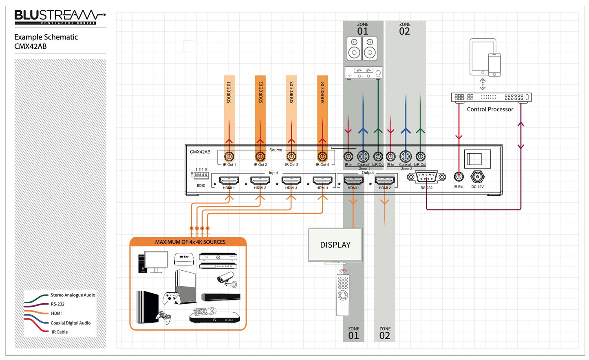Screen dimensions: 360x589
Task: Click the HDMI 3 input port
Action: (x=291, y=180)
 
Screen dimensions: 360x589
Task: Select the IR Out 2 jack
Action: (x=260, y=157)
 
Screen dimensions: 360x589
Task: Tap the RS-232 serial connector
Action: (x=426, y=177)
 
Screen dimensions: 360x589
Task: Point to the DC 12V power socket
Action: (x=477, y=177)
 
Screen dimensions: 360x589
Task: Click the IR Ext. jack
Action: (x=459, y=177)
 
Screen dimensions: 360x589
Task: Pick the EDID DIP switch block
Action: (x=201, y=175)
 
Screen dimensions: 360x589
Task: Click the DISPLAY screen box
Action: (x=335, y=245)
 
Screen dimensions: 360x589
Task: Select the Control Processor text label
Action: (x=490, y=109)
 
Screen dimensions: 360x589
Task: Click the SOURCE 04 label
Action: (x=322, y=93)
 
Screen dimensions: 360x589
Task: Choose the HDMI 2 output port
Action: (x=385, y=180)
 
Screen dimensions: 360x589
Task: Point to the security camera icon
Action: (x=226, y=280)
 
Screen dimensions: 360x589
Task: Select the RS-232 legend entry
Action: (x=57, y=304)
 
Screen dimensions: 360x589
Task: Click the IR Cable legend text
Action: (x=60, y=332)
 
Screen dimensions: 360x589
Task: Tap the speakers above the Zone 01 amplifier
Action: (x=362, y=49)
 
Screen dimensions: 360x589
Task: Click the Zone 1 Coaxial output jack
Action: (x=363, y=157)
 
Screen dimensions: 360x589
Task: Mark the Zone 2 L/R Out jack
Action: (x=420, y=157)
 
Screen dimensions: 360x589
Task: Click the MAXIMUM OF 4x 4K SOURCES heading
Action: (x=190, y=242)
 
